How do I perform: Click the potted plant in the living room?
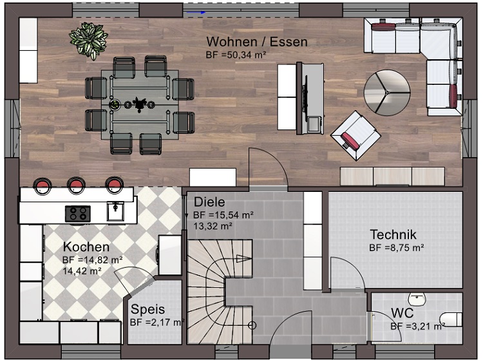coord(88,41)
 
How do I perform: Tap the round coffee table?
coord(387,92)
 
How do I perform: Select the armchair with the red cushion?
coord(355,135)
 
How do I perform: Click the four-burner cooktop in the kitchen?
coord(78,213)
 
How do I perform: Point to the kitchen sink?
coord(115,211)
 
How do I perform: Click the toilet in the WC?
coord(451,319)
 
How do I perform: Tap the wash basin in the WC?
coord(417,299)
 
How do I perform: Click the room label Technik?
coord(393,234)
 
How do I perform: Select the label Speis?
coord(147,310)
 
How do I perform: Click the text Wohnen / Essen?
coord(257,42)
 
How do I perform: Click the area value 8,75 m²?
coord(405,247)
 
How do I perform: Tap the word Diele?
coord(209,202)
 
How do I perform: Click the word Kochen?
coord(86,247)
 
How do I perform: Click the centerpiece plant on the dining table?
coord(139,103)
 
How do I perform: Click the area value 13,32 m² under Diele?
coord(213,226)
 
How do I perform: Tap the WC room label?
coord(402,313)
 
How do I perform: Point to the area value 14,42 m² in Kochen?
coord(82,271)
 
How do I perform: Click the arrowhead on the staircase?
coord(244,259)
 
